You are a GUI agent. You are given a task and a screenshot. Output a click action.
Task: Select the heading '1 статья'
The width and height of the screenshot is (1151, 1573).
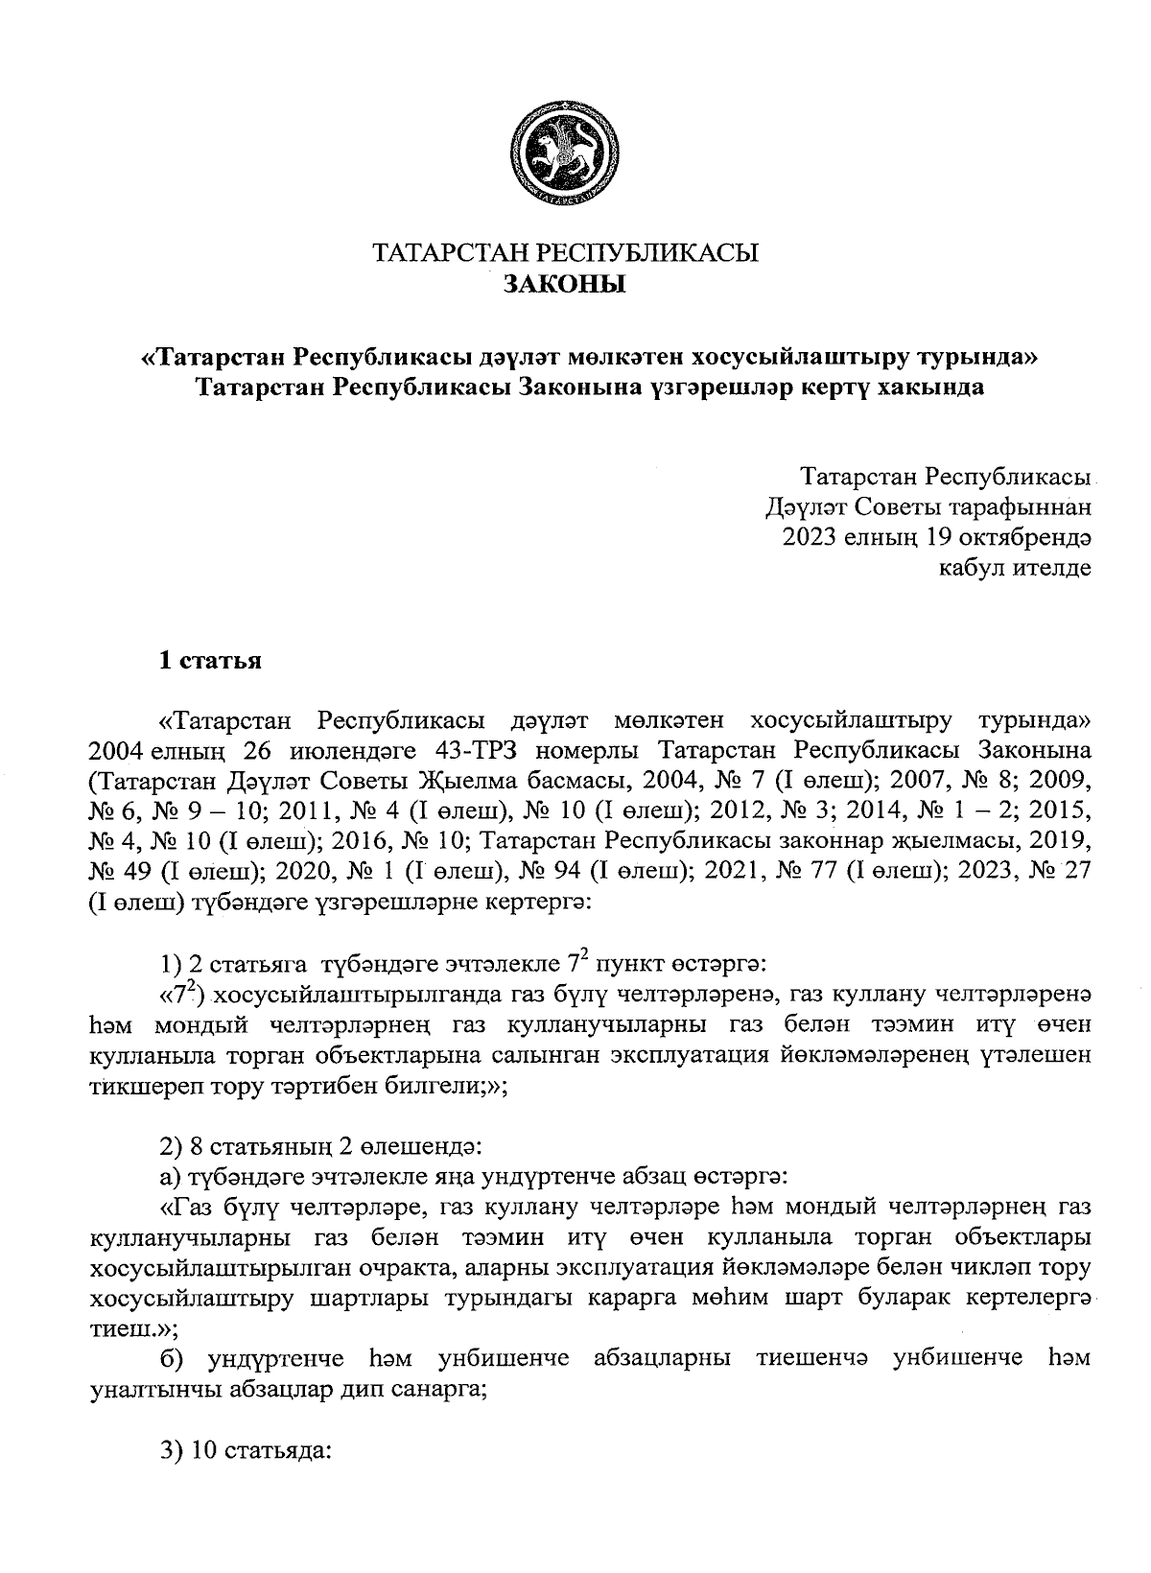(210, 662)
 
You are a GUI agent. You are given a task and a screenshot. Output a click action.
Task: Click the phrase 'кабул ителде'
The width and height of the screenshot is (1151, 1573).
(1015, 567)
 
